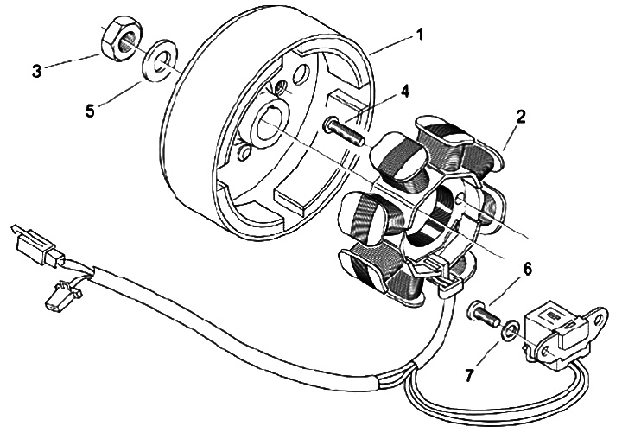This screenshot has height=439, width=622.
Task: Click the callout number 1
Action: (x=419, y=35)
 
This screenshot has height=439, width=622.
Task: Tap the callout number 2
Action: (x=520, y=116)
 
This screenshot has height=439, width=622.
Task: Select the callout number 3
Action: (x=37, y=71)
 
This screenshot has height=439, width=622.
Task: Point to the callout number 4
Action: (x=403, y=91)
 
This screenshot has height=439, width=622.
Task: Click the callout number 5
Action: (x=90, y=111)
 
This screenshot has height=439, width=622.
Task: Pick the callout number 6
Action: (x=527, y=269)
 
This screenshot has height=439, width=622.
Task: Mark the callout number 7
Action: (x=470, y=375)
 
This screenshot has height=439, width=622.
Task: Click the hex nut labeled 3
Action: (x=119, y=39)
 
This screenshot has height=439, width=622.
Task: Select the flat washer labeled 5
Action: (x=160, y=60)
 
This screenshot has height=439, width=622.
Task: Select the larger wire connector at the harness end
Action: (x=38, y=246)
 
